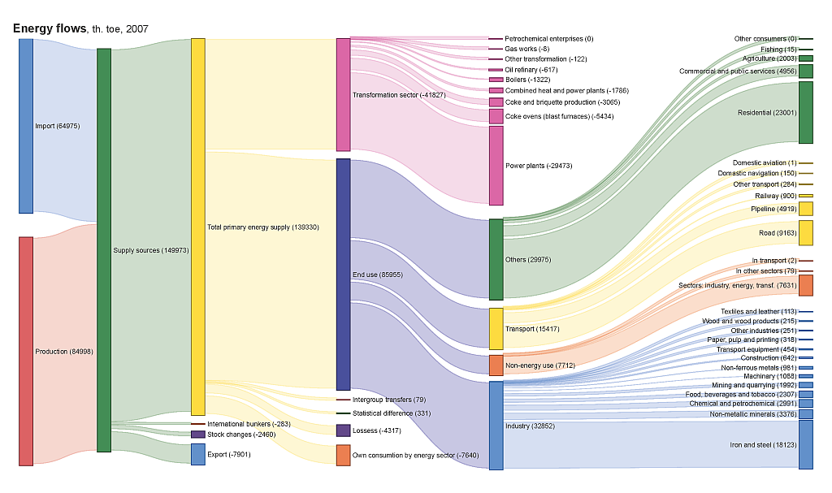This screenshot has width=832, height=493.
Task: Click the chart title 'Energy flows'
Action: [x=50, y=28]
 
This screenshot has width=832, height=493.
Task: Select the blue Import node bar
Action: [x=26, y=126]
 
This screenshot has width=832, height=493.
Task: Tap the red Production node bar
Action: [x=26, y=351]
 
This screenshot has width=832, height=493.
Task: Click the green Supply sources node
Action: [x=104, y=250]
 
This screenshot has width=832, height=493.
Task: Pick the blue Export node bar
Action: [x=197, y=454]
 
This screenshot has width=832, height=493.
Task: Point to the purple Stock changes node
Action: [x=197, y=435]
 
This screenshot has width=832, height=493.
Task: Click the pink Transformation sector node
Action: [x=343, y=94]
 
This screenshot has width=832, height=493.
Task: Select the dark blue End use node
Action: [x=343, y=275]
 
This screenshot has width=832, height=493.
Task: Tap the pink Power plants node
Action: [x=496, y=166]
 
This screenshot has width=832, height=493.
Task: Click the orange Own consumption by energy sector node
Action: [x=343, y=455]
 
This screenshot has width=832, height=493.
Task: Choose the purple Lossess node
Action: [x=343, y=430]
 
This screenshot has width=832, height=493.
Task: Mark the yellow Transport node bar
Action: [x=496, y=328]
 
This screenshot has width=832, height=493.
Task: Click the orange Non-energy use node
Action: [x=496, y=365]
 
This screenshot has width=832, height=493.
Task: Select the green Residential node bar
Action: [x=805, y=112]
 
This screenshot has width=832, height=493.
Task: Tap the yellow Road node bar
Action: [x=805, y=232]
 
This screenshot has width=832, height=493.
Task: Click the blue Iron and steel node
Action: [x=805, y=444]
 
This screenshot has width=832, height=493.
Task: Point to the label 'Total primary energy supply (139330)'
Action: [x=262, y=227]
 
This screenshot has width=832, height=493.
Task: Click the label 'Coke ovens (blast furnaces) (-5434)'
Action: [x=560, y=117]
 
